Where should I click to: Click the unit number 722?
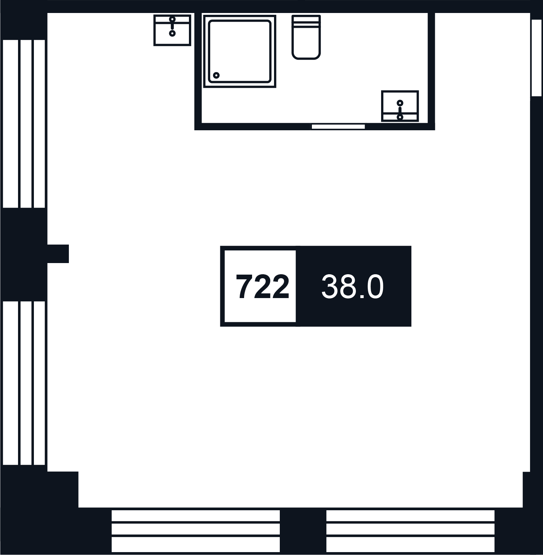click(x=262, y=287)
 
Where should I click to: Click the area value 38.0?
click(x=352, y=287)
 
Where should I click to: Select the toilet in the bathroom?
click(x=306, y=37)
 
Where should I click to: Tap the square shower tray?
click(x=240, y=51)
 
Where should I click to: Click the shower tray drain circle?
click(x=216, y=75)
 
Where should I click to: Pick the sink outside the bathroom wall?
click(x=172, y=30)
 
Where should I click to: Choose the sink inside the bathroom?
click(x=400, y=106)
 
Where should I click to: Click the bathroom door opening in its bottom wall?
click(x=338, y=127)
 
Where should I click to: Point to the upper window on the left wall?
click(x=24, y=124)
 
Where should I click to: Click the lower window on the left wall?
click(x=24, y=383)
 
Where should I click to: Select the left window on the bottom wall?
click(x=196, y=531)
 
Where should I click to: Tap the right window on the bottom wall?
click(x=410, y=531)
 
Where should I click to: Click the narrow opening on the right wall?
click(x=537, y=58)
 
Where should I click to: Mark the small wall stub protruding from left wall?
click(x=58, y=254)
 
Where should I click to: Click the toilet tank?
click(x=306, y=21)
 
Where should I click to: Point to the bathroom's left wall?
click(x=198, y=71)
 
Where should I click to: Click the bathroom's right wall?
click(x=431, y=71)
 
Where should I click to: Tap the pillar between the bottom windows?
click(x=303, y=531)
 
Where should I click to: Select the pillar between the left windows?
click(x=24, y=254)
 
